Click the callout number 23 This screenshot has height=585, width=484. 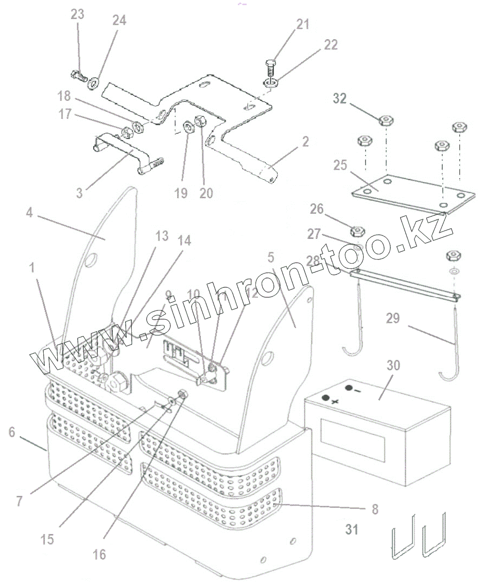(77, 14)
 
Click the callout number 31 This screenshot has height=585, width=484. (352, 529)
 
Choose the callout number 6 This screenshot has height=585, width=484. (11, 432)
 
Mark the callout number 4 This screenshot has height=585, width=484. (29, 212)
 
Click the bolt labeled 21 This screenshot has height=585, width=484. (272, 67)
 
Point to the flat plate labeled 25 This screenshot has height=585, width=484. (412, 195)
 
